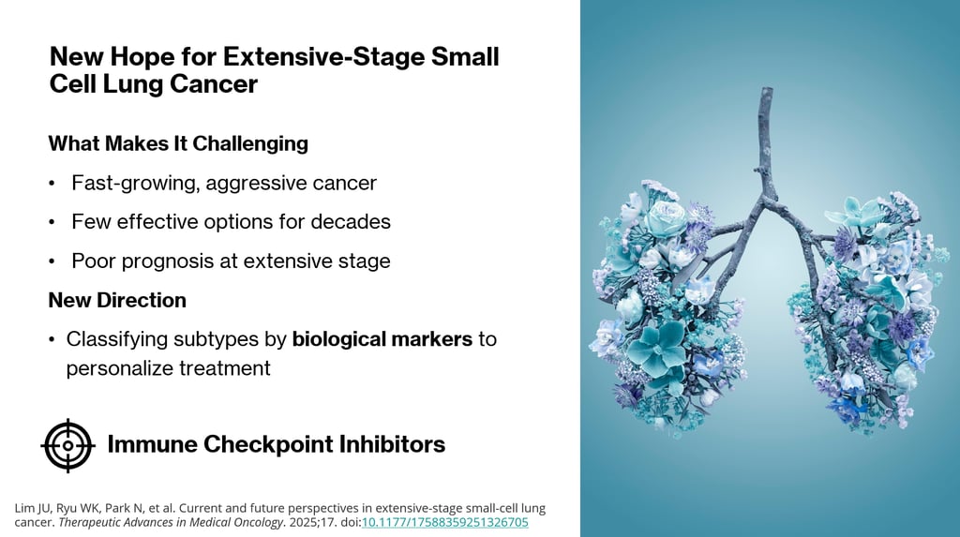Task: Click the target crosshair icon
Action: click(x=67, y=446)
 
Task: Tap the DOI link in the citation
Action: click(x=445, y=522)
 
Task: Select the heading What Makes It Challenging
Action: click(x=178, y=143)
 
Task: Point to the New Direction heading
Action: click(x=117, y=300)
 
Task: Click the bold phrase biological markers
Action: click(x=382, y=338)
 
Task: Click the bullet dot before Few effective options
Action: click(x=52, y=222)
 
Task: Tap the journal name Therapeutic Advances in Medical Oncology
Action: click(x=171, y=522)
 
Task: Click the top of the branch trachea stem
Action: click(x=766, y=89)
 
